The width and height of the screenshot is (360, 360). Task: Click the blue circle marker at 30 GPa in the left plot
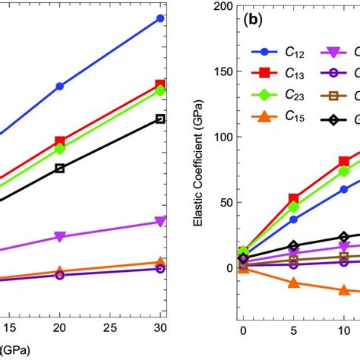tap(159, 18)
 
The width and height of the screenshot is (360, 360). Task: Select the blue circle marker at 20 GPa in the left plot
tap(60, 87)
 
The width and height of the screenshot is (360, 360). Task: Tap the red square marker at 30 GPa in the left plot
tap(159, 85)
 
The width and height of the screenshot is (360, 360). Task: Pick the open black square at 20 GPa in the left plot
tap(60, 168)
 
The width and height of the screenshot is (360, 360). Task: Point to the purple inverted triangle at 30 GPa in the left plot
tap(159, 221)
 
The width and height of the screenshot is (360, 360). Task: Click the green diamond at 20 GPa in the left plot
tap(60, 149)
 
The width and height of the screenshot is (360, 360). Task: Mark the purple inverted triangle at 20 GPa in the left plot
tap(60, 237)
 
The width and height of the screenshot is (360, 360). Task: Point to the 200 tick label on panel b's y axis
tap(221, 6)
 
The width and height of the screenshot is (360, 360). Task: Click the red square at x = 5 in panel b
tap(293, 199)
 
